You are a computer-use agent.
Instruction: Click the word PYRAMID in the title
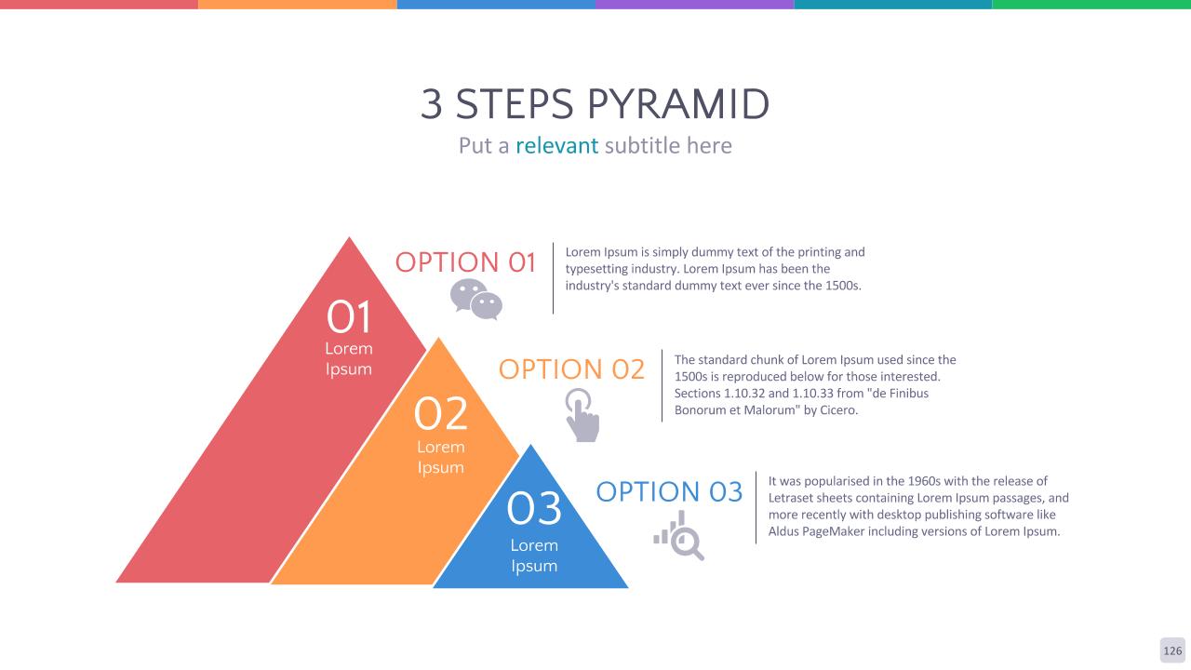(678, 103)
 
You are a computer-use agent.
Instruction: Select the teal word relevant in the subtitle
(556, 146)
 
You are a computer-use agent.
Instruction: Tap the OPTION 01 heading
(465, 262)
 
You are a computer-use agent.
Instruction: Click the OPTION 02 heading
(571, 369)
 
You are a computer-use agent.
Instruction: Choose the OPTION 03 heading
(669, 491)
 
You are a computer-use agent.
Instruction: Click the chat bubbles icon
(475, 300)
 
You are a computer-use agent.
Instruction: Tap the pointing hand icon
(582, 415)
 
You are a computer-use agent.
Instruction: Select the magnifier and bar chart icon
(679, 535)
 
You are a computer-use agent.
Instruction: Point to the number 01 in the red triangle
(349, 317)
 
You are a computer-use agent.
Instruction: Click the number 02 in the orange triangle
(441, 413)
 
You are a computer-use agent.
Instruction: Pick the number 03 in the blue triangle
(534, 509)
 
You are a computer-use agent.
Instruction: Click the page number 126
(1172, 650)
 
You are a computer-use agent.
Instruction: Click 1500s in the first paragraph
(843, 286)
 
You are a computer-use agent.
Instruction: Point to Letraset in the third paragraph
(790, 498)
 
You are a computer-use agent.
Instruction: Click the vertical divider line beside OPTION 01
(553, 278)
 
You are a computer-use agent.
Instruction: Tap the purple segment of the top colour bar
(694, 5)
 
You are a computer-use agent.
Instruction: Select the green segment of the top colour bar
(1091, 5)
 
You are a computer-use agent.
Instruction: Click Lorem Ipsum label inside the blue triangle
(534, 556)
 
